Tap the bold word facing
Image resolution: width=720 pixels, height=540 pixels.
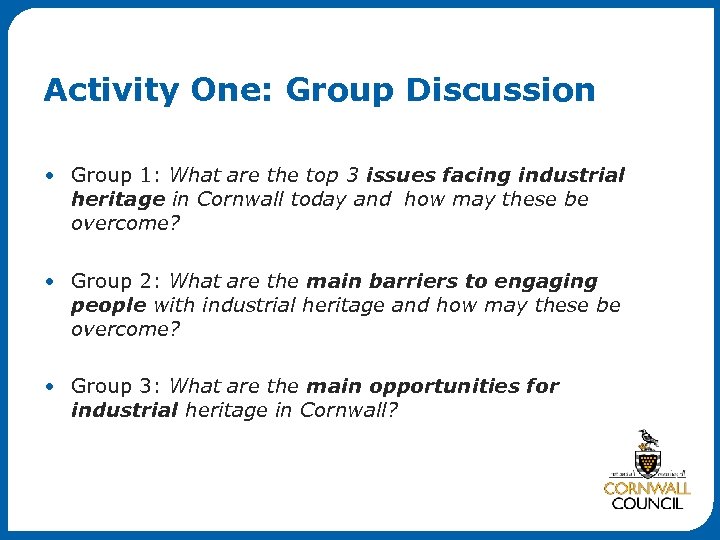click(x=475, y=176)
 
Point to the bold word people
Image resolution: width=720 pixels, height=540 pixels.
click(x=108, y=304)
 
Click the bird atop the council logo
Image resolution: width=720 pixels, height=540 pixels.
click(x=648, y=439)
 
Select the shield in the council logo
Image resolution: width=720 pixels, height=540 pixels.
click(x=648, y=462)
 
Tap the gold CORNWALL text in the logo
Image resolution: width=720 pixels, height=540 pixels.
click(x=647, y=489)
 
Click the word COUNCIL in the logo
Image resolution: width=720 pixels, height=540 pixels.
click(x=647, y=504)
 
